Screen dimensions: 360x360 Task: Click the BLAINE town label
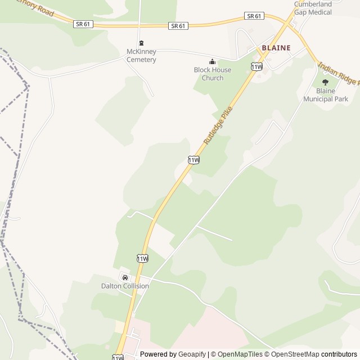(276, 48)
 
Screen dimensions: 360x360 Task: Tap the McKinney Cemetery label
(141, 56)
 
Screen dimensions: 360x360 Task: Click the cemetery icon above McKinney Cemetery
(141, 43)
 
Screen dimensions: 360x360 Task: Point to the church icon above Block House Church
(212, 62)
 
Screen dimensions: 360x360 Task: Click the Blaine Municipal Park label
(326, 94)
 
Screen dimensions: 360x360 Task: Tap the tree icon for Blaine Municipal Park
(325, 82)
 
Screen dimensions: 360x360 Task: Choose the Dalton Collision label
(125, 286)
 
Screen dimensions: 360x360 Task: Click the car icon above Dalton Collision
(125, 277)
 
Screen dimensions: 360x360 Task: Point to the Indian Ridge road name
(339, 74)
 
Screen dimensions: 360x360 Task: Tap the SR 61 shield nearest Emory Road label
(82, 24)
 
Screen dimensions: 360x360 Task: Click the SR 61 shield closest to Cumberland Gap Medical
(254, 16)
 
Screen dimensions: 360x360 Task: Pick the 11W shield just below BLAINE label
(256, 66)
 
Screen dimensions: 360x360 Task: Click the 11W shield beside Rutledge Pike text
(193, 160)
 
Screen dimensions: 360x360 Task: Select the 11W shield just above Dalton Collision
(142, 258)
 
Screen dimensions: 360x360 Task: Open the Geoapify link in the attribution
(192, 354)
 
